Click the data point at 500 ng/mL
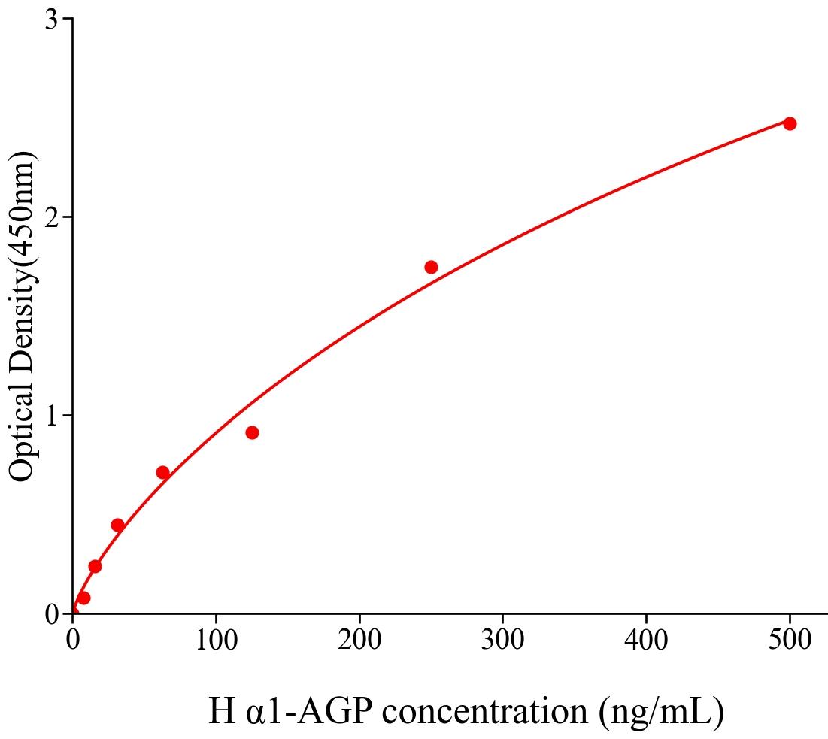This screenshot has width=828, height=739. [790, 123]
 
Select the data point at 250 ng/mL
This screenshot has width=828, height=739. [431, 267]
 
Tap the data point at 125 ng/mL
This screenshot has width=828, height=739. [252, 432]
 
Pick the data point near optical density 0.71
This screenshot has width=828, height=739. [162, 472]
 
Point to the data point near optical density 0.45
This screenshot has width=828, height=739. [117, 525]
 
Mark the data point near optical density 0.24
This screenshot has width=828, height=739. [95, 566]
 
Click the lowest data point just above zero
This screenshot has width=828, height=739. [83, 598]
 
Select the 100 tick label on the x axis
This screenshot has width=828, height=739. [216, 640]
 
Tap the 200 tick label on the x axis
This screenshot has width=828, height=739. [359, 640]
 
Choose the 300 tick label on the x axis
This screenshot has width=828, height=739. [502, 640]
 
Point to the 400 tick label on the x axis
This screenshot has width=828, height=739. [646, 640]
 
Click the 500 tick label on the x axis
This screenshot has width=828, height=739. [790, 640]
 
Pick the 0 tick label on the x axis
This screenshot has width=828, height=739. [73, 640]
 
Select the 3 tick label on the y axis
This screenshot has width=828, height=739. [52, 20]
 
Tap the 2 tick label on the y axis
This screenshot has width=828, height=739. [52, 217]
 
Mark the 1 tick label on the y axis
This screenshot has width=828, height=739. [52, 416]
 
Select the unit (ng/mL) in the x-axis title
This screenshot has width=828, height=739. [662, 712]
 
